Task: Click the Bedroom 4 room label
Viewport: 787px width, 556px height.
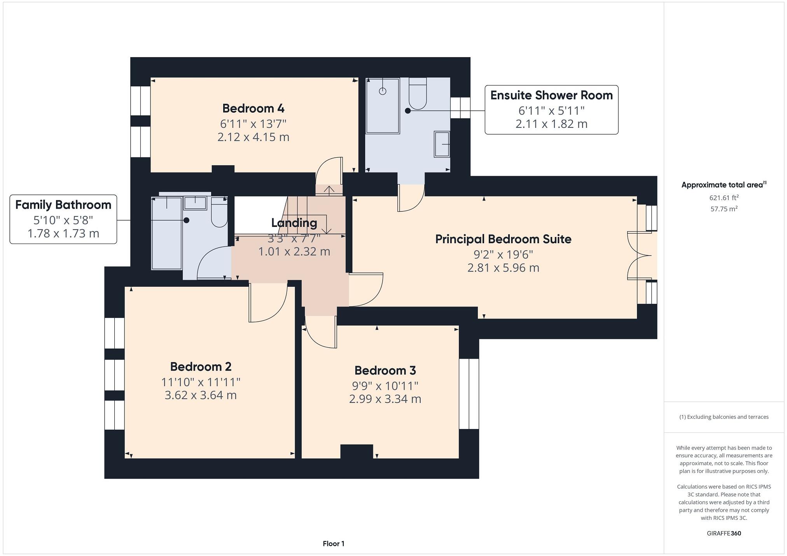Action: (253, 108)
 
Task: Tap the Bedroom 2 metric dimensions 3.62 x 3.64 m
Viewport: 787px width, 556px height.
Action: (201, 395)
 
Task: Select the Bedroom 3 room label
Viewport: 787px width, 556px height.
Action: (385, 370)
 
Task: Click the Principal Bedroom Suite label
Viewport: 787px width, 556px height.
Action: (503, 239)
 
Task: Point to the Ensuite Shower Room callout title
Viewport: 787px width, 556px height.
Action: (551, 95)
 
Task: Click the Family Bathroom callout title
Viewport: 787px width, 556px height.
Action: (63, 205)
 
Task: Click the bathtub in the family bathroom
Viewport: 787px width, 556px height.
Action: (166, 233)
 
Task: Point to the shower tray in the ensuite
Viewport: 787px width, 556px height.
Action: (383, 106)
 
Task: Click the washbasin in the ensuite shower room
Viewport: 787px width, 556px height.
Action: (442, 144)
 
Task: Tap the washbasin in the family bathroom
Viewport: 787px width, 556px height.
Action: (195, 203)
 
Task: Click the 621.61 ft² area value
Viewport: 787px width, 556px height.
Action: (724, 198)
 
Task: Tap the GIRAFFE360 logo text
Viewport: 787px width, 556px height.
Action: (724, 533)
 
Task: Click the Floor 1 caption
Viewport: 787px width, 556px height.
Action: (333, 544)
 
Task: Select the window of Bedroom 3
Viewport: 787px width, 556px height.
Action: (469, 394)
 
